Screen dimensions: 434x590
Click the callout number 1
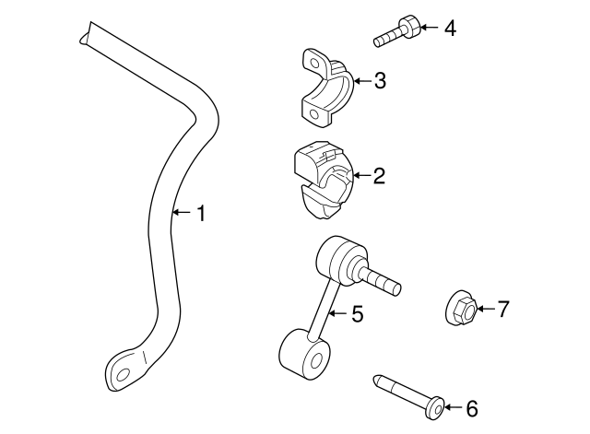201,215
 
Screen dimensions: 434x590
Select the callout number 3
379,82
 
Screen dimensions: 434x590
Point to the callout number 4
449,29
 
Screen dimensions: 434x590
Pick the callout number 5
357,315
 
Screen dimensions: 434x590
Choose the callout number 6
471,406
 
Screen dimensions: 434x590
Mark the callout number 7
502,310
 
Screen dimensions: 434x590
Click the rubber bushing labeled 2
323,177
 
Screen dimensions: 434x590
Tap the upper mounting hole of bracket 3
314,64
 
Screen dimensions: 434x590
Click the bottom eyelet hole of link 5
315,355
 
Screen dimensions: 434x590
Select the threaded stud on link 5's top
385,281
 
